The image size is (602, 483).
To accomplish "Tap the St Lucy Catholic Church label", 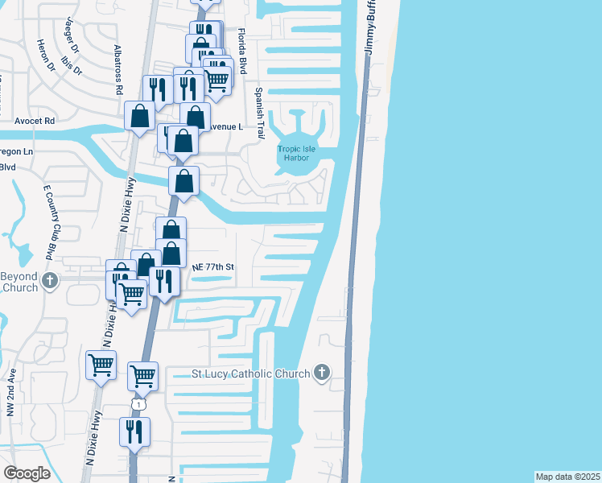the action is click(250, 374).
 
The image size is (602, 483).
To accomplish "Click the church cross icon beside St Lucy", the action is click(322, 372).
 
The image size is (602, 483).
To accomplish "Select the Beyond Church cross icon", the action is click(51, 282).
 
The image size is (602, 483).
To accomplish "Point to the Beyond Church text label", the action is click(19, 282).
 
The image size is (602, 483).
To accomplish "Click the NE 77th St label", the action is click(212, 266).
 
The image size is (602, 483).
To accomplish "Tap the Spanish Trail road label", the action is click(259, 114).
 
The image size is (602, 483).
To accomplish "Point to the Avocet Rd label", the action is click(34, 121).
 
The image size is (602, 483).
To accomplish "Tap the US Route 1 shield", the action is click(139, 404).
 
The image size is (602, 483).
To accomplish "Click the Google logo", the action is click(27, 473).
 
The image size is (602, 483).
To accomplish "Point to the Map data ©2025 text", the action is click(567, 476).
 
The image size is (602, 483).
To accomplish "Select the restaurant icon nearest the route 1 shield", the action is click(134, 432).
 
